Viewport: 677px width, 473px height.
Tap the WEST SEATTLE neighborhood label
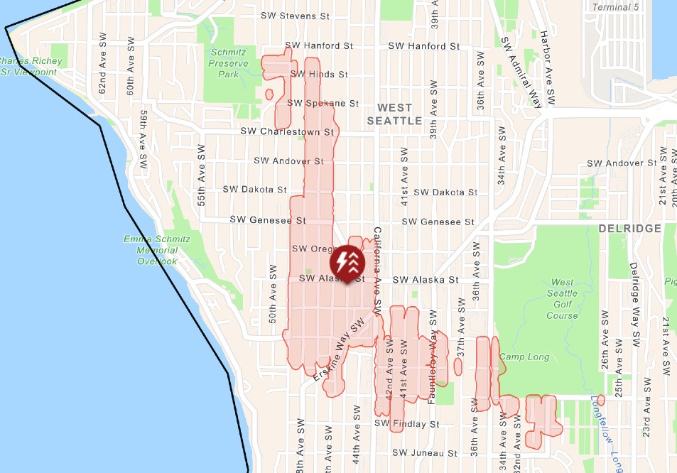(x=394, y=114)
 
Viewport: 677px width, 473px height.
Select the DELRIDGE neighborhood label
(x=629, y=229)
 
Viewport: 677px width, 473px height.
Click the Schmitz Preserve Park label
(x=229, y=62)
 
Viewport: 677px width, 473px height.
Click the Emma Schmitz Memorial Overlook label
(x=157, y=250)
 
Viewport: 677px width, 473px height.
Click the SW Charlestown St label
(x=287, y=131)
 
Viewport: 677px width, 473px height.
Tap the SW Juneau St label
(x=424, y=453)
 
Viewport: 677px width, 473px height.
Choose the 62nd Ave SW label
(x=103, y=73)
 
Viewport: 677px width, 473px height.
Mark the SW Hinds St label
(x=318, y=74)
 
